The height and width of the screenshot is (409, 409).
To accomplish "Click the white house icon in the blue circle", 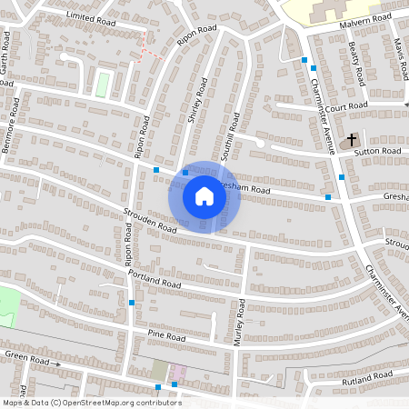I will [x=204, y=196].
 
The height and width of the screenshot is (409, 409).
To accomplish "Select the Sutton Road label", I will [x=378, y=151].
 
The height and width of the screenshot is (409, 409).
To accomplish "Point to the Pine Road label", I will [x=166, y=337].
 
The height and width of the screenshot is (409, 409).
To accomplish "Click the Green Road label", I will [x=25, y=358].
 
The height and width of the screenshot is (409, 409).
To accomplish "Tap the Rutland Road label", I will [x=370, y=377].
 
